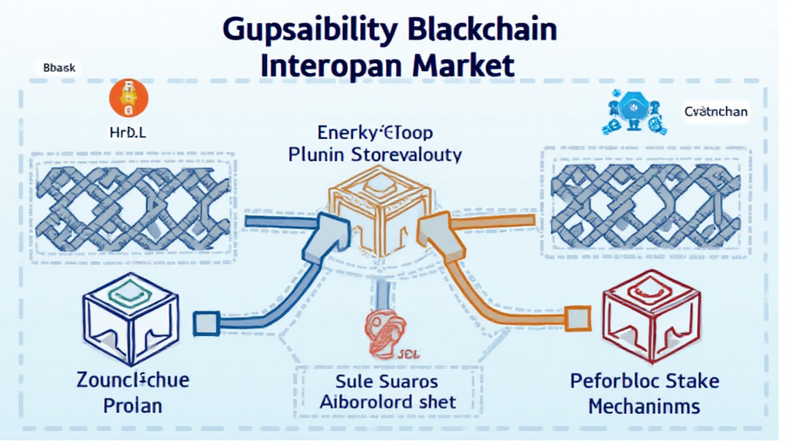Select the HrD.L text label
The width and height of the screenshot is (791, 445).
tap(124, 132)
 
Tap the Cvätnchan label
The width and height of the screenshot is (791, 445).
tap(715, 112)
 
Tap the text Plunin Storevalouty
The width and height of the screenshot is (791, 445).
tap(375, 155)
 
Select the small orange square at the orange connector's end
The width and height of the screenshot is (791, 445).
tap(575, 314)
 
